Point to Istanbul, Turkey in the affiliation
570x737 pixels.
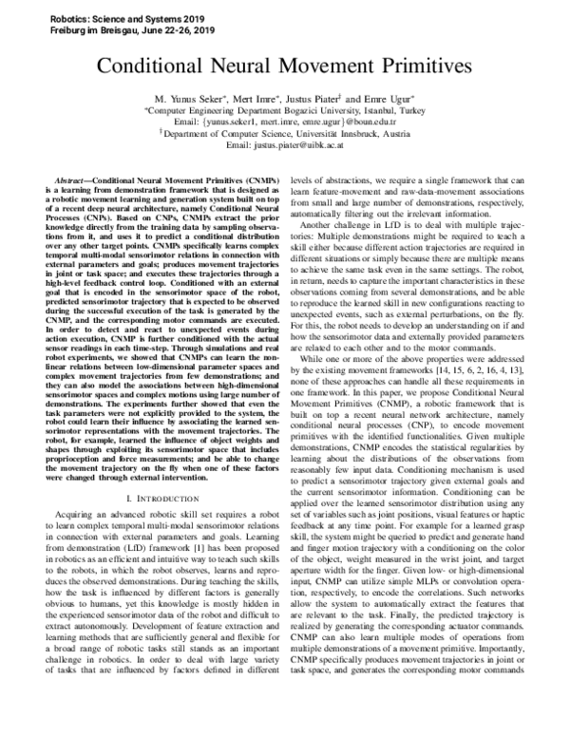coord(396,110)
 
